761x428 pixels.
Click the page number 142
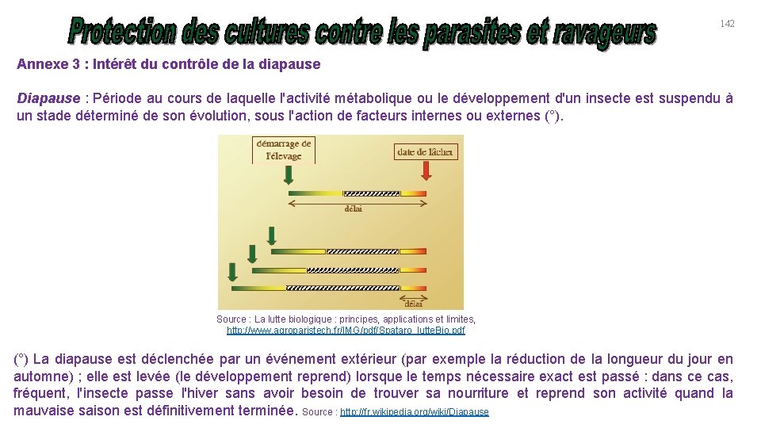[727, 24]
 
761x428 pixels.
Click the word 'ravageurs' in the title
[606, 32]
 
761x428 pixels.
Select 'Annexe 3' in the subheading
[43, 64]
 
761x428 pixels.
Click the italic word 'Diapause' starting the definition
[48, 99]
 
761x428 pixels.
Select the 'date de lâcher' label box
[426, 152]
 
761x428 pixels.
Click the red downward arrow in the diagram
[426, 170]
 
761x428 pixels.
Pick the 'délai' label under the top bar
[354, 209]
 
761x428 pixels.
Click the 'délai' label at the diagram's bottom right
[414, 302]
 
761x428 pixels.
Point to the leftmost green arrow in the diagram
[232, 272]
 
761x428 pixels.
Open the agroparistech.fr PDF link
[346, 330]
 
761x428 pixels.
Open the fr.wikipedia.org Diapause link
[414, 412]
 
